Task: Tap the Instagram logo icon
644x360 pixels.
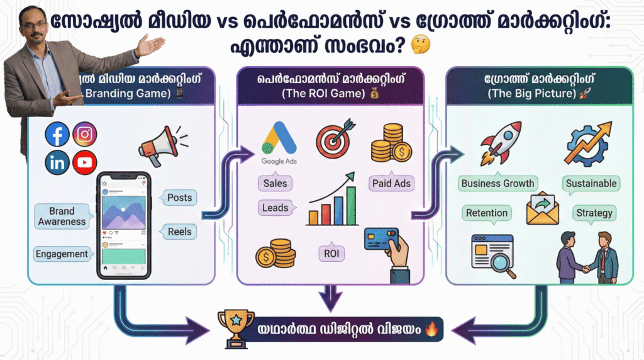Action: (x=84, y=134)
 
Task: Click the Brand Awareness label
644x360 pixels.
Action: (x=62, y=216)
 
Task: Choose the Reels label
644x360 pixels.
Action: (x=179, y=232)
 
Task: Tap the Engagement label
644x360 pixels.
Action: (x=62, y=254)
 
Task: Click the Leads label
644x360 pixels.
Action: (x=275, y=208)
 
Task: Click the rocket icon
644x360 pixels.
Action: (x=501, y=142)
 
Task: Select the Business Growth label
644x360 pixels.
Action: (x=497, y=184)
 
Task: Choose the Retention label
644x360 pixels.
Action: (x=486, y=213)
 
